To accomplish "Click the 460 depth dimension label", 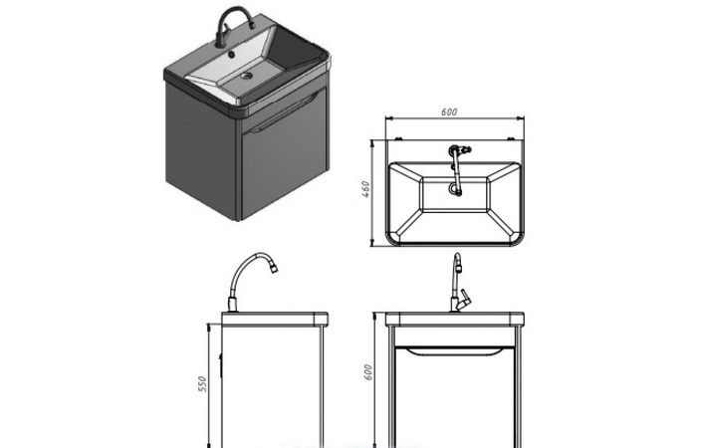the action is coord(365,189).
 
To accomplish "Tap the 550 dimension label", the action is coord(203,384).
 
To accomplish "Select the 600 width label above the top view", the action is coord(449,112).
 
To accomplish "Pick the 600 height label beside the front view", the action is coord(368,372).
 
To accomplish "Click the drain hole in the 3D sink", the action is coord(246,76).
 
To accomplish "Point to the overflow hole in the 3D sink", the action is coord(231,55).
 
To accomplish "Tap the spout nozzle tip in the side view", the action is coord(273,268).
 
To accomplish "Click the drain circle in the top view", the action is coord(454,190).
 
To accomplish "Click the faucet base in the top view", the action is coord(454,149).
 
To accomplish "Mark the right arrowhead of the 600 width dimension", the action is coord(521,118).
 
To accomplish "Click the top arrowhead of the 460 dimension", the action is coord(371,143).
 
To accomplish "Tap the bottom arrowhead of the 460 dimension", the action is coord(371,242).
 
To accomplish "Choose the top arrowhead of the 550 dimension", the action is coord(209,328).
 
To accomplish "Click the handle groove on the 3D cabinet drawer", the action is coord(286,114).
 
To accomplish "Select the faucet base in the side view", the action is coord(232,305).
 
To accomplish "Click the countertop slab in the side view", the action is coord(275,319).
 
